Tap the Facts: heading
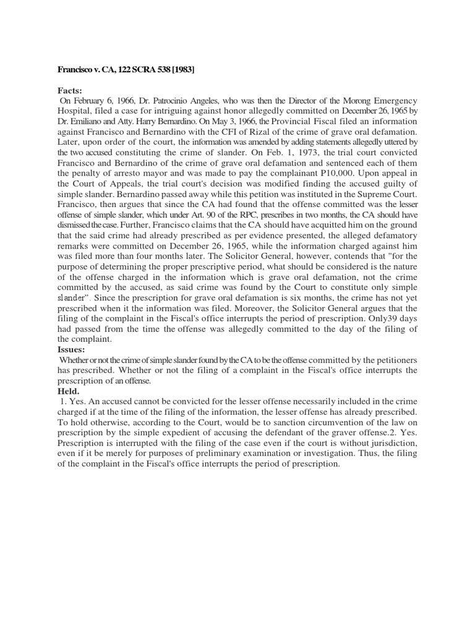point(70,90)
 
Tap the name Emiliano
point(93,122)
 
